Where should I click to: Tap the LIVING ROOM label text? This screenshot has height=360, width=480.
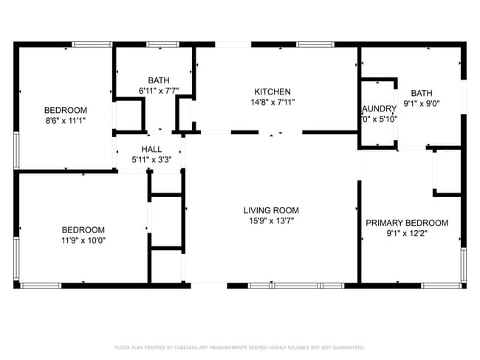[271, 210]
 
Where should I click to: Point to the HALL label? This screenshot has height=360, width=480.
[151, 149]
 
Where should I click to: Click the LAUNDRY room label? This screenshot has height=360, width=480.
[380, 108]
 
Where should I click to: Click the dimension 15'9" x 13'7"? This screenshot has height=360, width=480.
[271, 221]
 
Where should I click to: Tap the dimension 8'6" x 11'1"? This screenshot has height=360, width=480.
[66, 120]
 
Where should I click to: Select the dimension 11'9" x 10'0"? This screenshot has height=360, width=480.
[83, 240]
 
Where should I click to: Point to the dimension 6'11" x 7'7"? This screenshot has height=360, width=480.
[159, 91]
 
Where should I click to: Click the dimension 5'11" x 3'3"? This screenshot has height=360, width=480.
[151, 159]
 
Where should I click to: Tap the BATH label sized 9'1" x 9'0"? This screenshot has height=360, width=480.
[422, 93]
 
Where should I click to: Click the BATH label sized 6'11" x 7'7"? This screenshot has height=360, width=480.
[159, 80]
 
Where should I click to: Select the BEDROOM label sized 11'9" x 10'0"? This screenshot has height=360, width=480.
[83, 229]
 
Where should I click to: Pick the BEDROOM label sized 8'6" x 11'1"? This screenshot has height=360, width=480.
[66, 110]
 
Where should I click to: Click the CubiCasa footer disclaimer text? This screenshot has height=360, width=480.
[239, 347]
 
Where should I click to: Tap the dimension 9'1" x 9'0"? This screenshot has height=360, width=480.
[422, 103]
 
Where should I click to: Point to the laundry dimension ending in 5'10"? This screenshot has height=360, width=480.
[380, 119]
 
